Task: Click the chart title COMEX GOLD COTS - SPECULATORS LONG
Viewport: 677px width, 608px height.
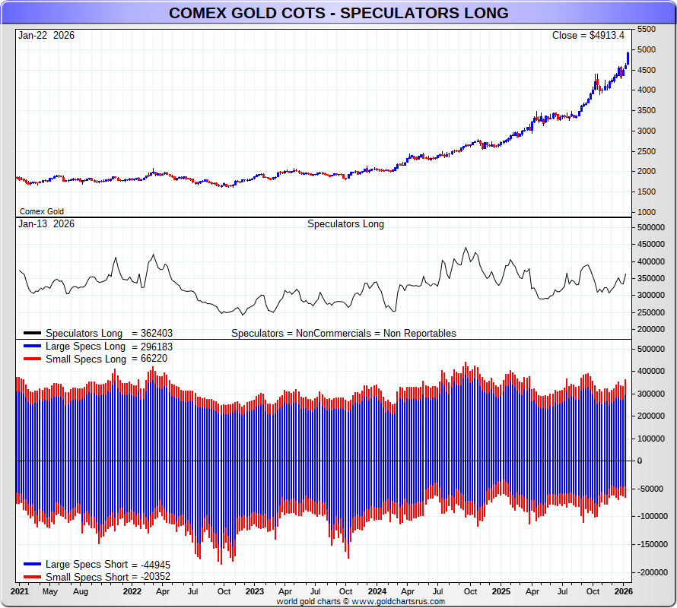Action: coord(338,14)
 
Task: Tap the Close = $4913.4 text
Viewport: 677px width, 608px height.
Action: coord(588,36)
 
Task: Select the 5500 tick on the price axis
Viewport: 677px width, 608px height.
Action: coord(646,29)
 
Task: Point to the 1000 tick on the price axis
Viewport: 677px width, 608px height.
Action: coord(646,211)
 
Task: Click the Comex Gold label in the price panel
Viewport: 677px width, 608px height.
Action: coord(42,211)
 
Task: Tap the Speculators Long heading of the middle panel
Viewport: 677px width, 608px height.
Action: coord(345,224)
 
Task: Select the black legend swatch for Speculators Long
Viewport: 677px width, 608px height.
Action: coord(32,333)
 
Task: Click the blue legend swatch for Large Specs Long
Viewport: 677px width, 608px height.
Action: coord(32,346)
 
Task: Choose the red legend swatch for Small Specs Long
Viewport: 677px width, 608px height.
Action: coord(32,359)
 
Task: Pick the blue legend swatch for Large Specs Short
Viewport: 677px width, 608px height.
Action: coord(32,565)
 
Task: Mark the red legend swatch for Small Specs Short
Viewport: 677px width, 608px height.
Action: coord(32,577)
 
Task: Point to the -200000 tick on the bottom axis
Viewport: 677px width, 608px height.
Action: coord(651,572)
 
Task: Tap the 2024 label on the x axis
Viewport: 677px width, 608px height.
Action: coord(377,591)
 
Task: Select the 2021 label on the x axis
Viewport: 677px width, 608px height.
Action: coord(20,591)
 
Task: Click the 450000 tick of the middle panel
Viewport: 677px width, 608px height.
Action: coord(651,244)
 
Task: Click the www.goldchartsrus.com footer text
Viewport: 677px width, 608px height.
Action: coord(395,601)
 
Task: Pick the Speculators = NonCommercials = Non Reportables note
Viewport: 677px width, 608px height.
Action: coord(344,333)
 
